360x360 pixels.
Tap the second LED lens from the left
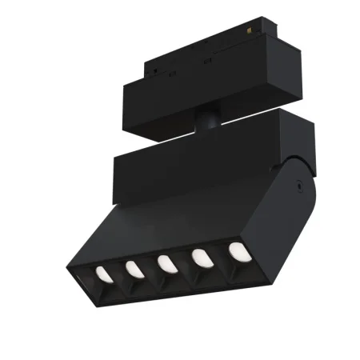(133, 270)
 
